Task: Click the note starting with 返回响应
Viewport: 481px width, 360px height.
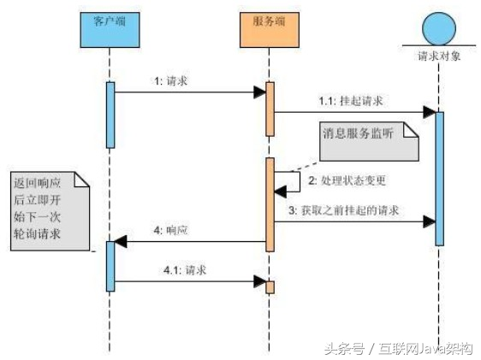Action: tap(50, 209)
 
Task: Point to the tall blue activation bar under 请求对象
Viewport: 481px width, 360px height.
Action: tap(439, 178)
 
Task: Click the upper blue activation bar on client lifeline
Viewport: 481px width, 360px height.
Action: tap(110, 115)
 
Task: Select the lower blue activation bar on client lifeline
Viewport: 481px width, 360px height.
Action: tap(110, 266)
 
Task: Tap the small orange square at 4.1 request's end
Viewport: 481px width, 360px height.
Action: tap(270, 286)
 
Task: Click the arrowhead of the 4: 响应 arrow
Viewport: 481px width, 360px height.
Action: tap(122, 242)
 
